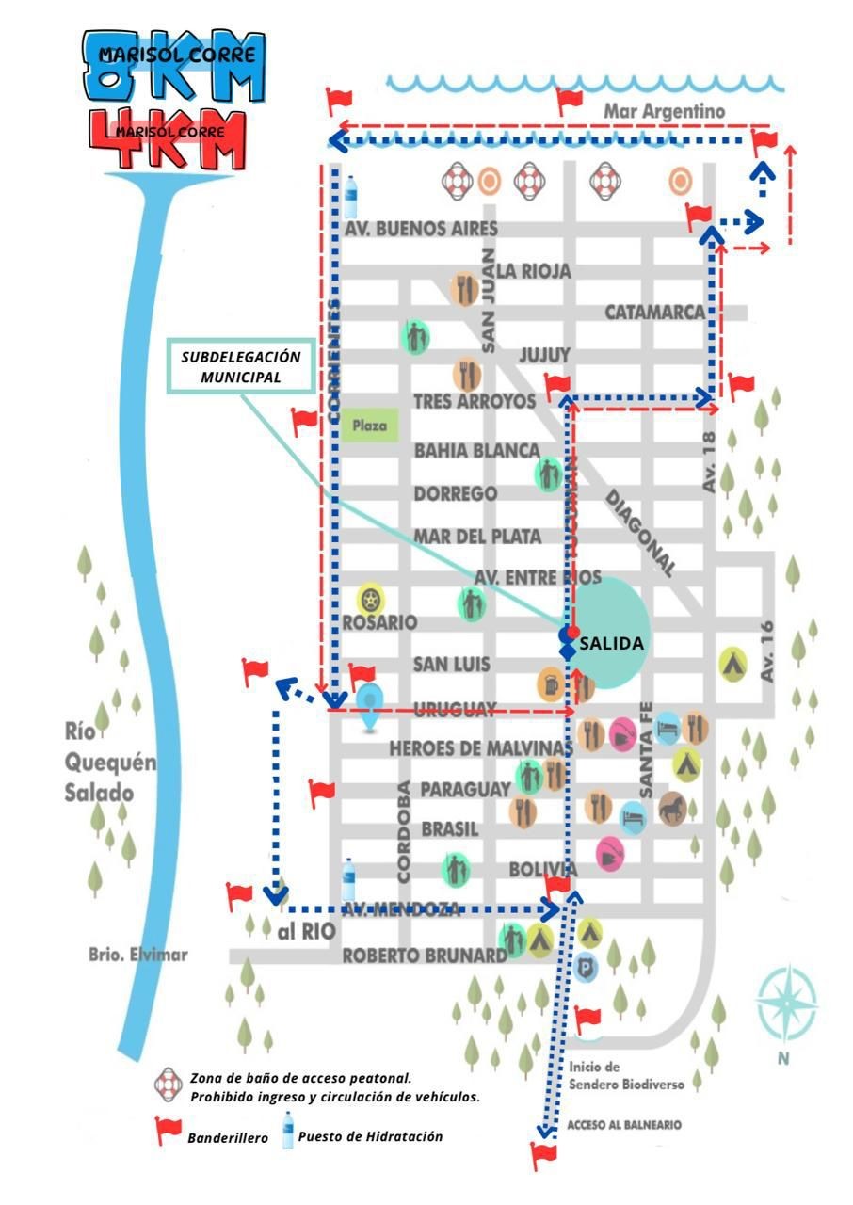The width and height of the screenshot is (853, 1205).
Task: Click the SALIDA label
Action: coord(612,645)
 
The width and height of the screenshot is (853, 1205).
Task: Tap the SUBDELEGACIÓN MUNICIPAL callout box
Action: coord(241,367)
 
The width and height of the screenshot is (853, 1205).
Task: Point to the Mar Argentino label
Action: coord(665,111)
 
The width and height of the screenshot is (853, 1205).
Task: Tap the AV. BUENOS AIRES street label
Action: coord(420,229)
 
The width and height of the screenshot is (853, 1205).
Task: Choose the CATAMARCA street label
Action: coord(654,312)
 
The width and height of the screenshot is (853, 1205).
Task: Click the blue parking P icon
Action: coord(587,966)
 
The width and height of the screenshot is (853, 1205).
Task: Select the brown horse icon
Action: coord(672,808)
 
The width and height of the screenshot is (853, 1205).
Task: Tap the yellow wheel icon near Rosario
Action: coord(370,599)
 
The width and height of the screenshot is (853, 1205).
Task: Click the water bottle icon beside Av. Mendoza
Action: coord(349,880)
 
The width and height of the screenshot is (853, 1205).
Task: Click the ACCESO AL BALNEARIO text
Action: coord(624,1125)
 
